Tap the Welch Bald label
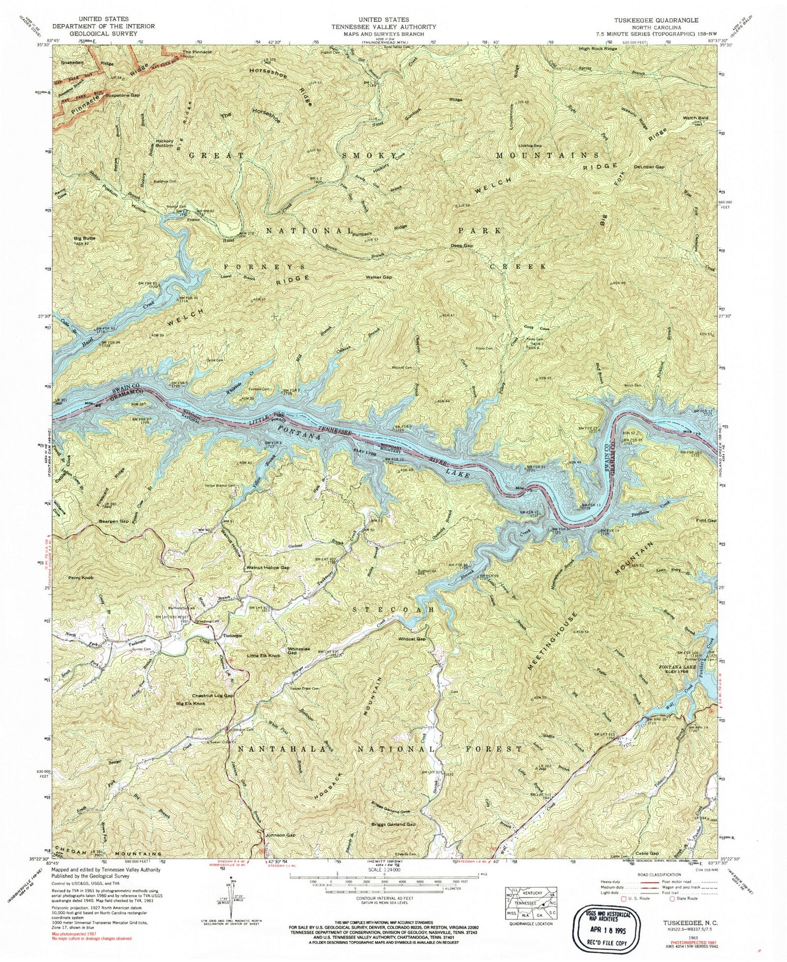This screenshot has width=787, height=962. pos(696,118)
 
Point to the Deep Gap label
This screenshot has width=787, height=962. pos(462,246)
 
